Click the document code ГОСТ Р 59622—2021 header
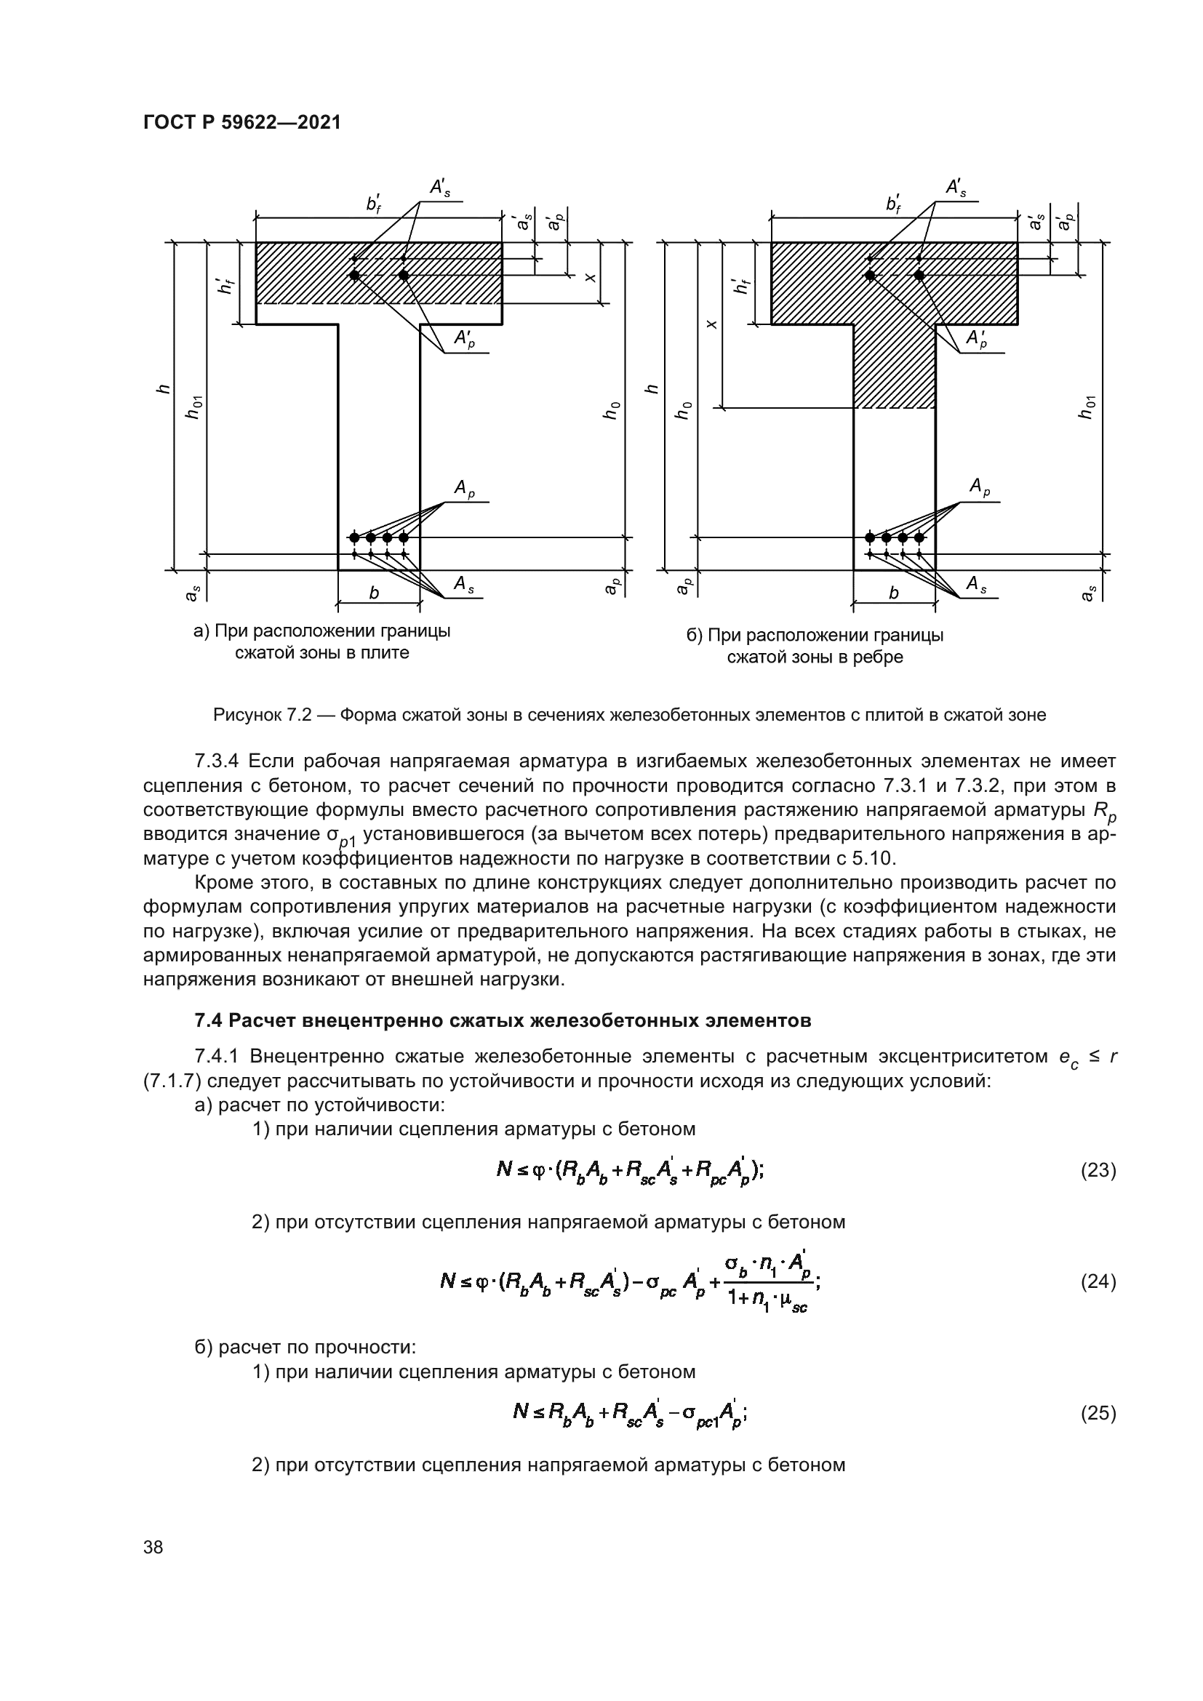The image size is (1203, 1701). (x=242, y=123)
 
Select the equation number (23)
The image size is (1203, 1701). (x=1098, y=1171)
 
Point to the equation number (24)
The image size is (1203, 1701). (x=1098, y=1281)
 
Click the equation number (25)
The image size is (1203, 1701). (x=1098, y=1414)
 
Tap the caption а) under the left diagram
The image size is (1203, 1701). (x=321, y=641)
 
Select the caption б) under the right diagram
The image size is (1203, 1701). (x=815, y=646)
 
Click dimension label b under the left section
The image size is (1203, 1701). (x=374, y=593)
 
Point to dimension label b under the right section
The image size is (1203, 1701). (x=893, y=593)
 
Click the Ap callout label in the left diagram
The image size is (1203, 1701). (x=465, y=488)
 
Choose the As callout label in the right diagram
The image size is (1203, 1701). (x=977, y=585)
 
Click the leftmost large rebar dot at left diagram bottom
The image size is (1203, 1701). (x=354, y=537)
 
